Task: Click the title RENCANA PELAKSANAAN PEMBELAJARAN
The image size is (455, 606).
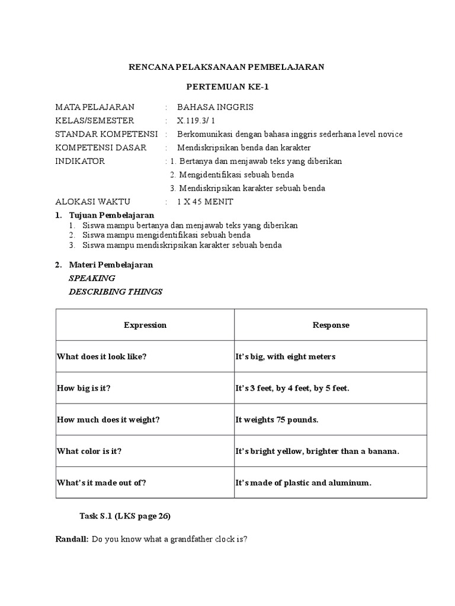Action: click(227, 67)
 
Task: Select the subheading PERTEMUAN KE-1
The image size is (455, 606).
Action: click(227, 87)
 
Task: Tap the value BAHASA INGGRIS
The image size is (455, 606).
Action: click(210, 107)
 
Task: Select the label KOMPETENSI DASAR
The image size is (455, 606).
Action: click(101, 147)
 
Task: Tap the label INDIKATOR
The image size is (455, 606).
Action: click(80, 161)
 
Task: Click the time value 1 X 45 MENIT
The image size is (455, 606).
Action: click(205, 202)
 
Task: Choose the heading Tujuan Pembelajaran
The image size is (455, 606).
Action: click(111, 215)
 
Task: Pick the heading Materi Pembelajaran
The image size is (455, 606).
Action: click(111, 265)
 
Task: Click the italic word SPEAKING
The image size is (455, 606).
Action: click(92, 278)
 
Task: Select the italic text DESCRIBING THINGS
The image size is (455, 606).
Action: click(116, 291)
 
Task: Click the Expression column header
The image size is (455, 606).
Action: click(145, 325)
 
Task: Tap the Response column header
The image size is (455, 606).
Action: click(331, 325)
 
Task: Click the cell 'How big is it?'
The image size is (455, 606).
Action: click(84, 388)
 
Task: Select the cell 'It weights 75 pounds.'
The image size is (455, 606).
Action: click(277, 420)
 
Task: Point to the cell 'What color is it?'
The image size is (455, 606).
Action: click(89, 451)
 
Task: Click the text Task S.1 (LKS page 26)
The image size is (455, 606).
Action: click(125, 516)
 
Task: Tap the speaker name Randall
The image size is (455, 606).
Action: click(71, 540)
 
